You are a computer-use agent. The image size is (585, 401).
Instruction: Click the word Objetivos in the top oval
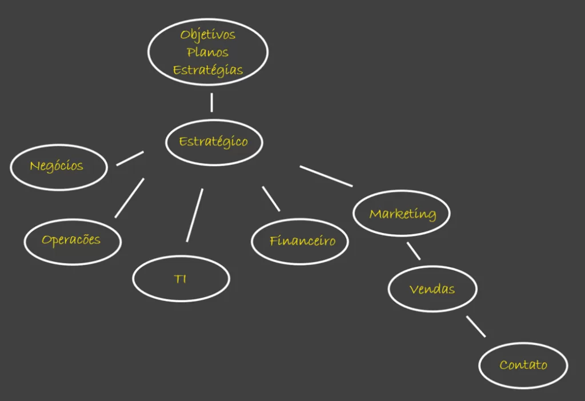[208, 35]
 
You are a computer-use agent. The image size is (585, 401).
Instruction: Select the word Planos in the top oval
[208, 52]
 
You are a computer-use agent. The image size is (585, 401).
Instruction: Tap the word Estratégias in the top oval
[208, 70]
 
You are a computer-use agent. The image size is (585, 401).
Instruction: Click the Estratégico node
[214, 142]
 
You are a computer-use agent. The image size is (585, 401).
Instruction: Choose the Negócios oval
[59, 167]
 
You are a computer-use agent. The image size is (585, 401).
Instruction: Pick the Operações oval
[73, 242]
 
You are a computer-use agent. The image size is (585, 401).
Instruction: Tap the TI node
[181, 278]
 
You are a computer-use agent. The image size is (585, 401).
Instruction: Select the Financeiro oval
[300, 242]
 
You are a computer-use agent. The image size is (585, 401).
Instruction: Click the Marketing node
[402, 213]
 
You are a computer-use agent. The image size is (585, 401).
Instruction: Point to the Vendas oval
[433, 288]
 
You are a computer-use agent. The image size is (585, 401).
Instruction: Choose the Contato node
[523, 365]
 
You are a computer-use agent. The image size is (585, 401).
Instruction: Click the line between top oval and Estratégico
[212, 103]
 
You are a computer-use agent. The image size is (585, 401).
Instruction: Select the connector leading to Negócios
[130, 158]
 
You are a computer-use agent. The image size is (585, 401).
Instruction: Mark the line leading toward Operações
[130, 198]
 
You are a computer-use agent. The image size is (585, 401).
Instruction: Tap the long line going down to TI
[195, 215]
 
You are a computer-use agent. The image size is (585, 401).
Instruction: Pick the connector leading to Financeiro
[271, 199]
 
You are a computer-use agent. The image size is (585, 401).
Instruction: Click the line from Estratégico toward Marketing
[326, 176]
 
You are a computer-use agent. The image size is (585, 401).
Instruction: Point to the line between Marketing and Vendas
[414, 251]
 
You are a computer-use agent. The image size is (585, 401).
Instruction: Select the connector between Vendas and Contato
[476, 326]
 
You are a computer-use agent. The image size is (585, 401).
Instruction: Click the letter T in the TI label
[178, 279]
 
